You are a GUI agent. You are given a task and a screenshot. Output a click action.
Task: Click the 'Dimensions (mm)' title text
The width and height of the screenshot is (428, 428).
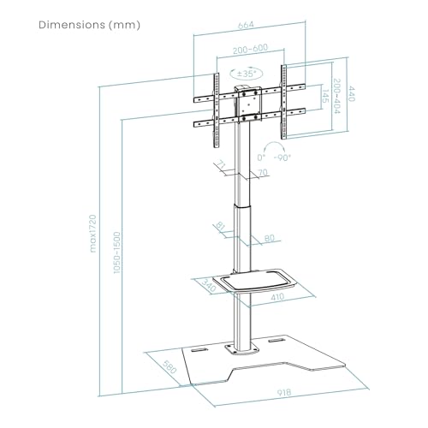89,25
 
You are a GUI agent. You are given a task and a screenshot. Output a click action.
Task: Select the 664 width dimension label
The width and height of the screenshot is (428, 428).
246,25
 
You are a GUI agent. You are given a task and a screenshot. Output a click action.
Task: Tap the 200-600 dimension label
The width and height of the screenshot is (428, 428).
251,49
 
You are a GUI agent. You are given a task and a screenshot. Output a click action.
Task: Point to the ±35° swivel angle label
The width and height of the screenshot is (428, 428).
246,74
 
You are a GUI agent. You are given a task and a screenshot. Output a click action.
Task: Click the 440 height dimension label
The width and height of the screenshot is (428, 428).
351,93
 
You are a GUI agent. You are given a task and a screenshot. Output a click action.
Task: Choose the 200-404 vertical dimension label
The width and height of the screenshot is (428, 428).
337,96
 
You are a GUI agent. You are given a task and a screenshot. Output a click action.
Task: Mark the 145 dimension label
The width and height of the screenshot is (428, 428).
325,97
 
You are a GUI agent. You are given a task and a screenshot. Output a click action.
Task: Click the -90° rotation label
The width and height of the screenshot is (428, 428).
282,158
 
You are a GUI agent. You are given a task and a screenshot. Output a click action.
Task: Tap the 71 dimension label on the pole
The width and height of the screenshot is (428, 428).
222,165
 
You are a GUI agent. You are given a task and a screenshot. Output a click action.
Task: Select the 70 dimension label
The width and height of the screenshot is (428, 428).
263,172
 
